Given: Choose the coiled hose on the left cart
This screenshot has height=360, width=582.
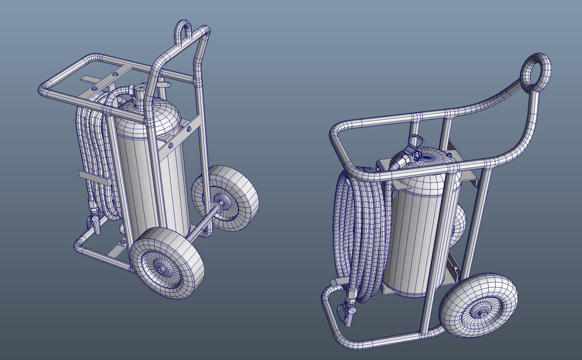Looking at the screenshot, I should [x=97, y=150].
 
